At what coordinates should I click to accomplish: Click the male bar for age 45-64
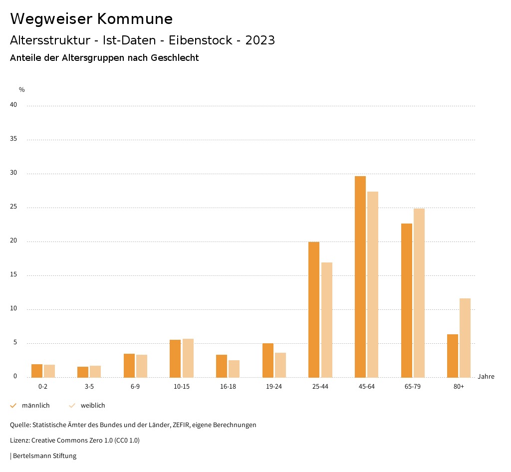pyautogui.click(x=360, y=276)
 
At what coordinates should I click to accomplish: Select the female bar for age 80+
pyautogui.click(x=465, y=338)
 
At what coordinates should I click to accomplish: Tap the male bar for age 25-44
pyautogui.click(x=314, y=309)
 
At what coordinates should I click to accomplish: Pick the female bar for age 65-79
pyautogui.click(x=419, y=293)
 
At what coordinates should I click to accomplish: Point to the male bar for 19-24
pyautogui.click(x=268, y=360)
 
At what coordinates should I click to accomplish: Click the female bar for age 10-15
pyautogui.click(x=188, y=358)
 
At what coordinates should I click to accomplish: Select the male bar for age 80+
pyautogui.click(x=453, y=356)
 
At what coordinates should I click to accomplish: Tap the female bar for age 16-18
pyautogui.click(x=234, y=369)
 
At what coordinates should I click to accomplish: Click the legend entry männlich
pyautogui.click(x=35, y=406)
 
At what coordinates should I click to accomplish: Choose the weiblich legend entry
pyautogui.click(x=93, y=406)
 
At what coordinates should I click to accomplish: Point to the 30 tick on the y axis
pyautogui.click(x=13, y=173)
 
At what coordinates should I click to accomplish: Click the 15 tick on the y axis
pyautogui.click(x=13, y=275)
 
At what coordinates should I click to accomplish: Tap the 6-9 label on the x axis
pyautogui.click(x=135, y=387)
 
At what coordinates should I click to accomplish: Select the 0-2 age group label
pyautogui.click(x=43, y=387)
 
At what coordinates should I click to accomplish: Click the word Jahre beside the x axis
pyautogui.click(x=486, y=377)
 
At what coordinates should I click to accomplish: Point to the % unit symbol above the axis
pyautogui.click(x=22, y=90)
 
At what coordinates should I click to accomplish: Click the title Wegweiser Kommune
pyautogui.click(x=91, y=19)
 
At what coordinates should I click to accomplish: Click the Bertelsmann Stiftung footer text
pyautogui.click(x=44, y=456)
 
